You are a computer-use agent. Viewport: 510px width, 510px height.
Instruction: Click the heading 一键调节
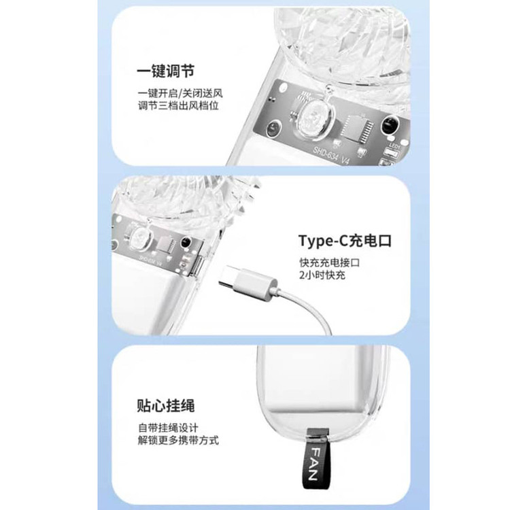[165, 71]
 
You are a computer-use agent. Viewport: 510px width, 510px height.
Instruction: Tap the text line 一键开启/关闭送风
[180, 93]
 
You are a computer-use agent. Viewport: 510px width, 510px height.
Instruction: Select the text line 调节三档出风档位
[178, 105]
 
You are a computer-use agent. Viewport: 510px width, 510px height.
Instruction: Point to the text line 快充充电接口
[330, 262]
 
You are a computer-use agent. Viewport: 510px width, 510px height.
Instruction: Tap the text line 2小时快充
[322, 275]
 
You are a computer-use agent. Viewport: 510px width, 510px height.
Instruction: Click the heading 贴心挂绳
[165, 405]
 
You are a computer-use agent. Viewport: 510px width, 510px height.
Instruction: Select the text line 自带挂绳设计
[168, 428]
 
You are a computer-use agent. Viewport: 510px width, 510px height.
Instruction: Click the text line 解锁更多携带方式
[178, 441]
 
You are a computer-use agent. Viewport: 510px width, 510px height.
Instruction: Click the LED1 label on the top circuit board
[394, 146]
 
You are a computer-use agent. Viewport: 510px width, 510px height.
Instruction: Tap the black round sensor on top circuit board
[390, 125]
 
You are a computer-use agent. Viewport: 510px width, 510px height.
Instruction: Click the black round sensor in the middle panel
[186, 242]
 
